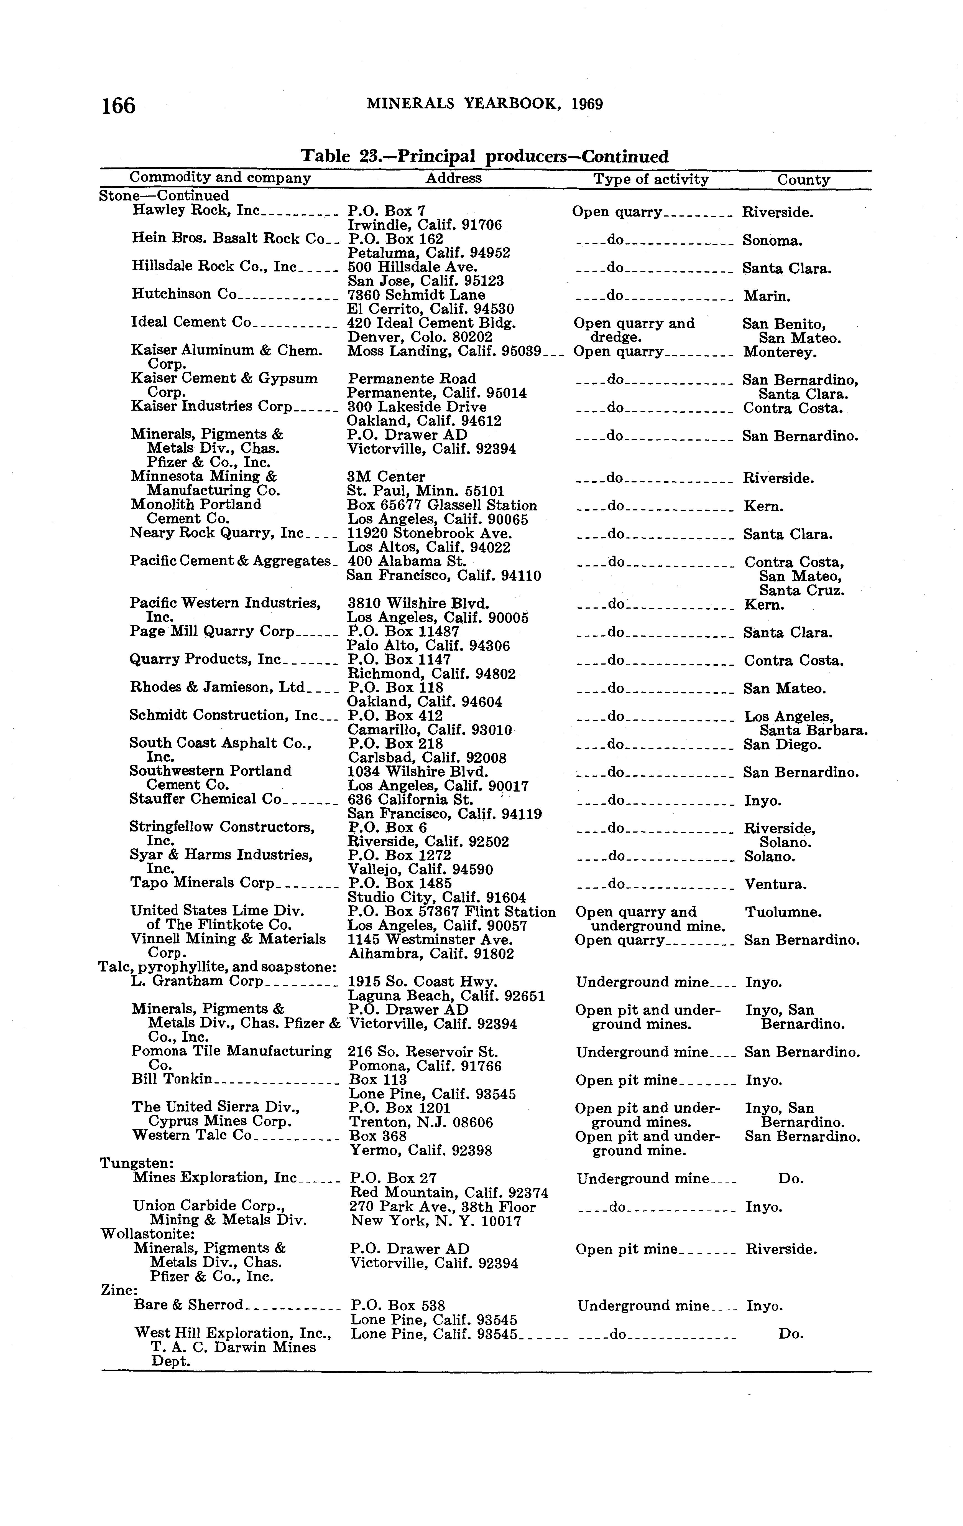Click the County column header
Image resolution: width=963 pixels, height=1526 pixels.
803,180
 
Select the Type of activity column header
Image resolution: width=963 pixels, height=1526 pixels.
651,179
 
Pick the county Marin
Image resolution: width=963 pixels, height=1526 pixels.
768,296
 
